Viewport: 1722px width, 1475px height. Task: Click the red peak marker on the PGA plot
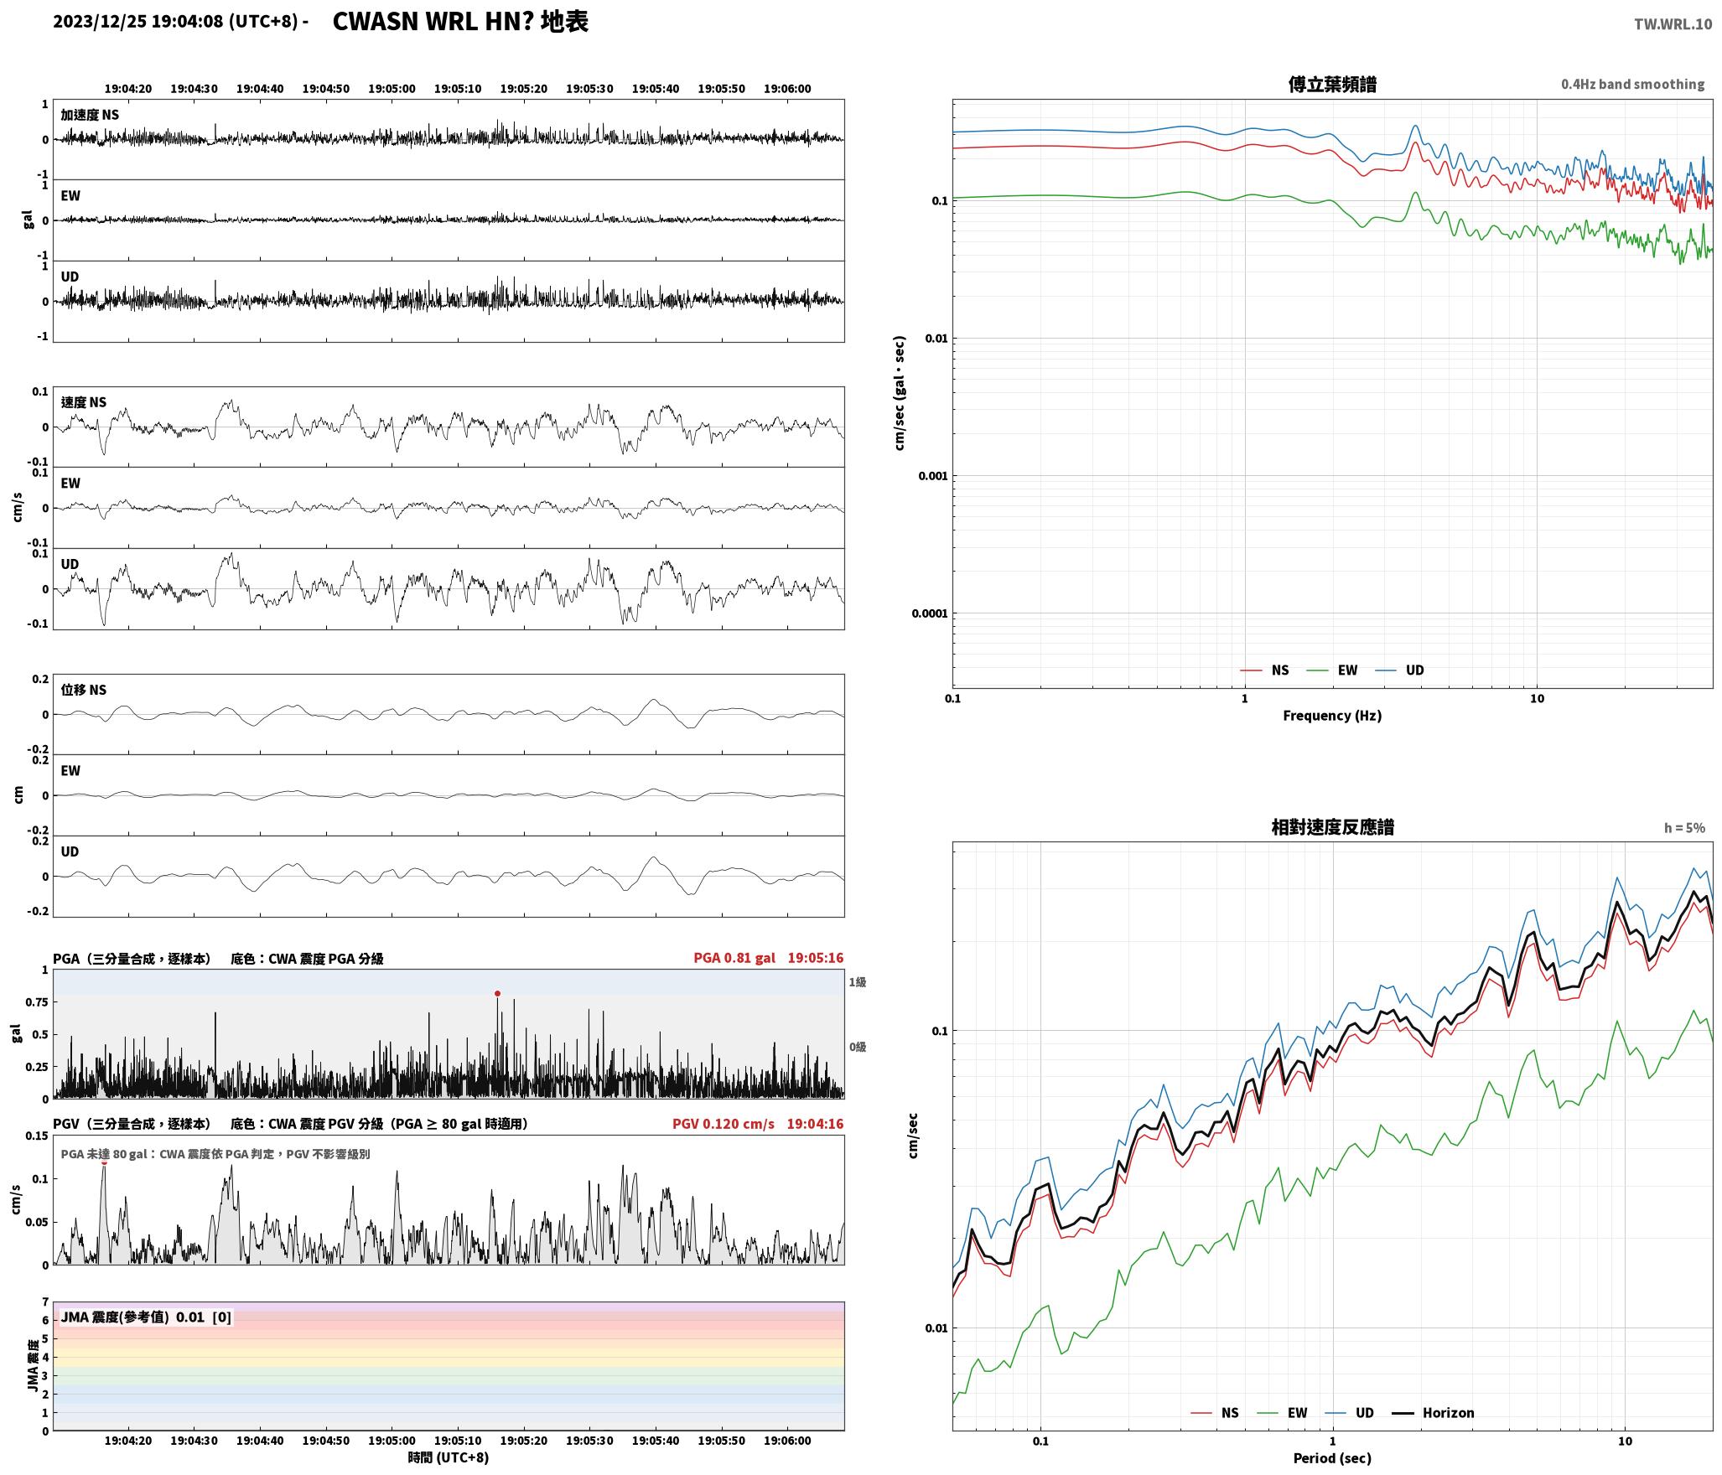coord(497,994)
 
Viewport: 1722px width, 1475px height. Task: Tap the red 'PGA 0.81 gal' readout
coord(734,958)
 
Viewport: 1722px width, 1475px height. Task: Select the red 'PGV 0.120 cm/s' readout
coord(724,1124)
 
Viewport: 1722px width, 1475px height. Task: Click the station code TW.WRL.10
coord(1673,24)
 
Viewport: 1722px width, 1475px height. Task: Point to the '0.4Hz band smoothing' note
coord(1632,85)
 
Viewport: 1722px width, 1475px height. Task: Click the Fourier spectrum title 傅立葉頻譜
coord(1332,85)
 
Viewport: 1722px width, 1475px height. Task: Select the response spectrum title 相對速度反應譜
coord(1332,827)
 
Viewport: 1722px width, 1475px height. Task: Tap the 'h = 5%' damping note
coord(1684,828)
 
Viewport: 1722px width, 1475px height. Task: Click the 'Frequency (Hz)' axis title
coord(1332,716)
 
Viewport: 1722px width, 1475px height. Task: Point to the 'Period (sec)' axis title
coord(1332,1458)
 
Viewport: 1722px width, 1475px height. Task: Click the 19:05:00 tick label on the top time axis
coord(392,89)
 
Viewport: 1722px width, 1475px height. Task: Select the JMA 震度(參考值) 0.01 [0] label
coord(146,1317)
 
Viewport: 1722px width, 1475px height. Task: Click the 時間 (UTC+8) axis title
coord(449,1457)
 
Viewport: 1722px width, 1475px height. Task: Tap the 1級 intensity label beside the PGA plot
coord(857,982)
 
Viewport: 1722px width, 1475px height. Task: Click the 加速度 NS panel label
coord(90,115)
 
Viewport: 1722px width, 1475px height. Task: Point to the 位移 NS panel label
coord(84,690)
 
